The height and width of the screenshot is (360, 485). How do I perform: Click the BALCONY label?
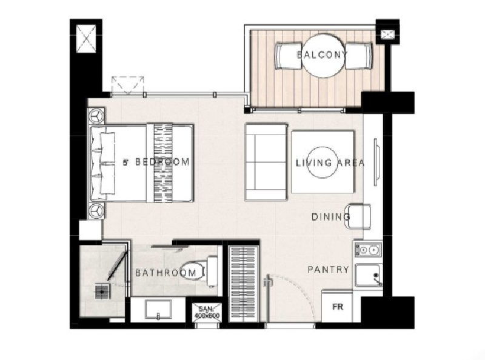(323, 55)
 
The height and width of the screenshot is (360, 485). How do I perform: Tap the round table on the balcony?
(323, 56)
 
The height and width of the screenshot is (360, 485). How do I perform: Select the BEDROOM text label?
(162, 162)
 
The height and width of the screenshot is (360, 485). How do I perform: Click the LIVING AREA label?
(330, 162)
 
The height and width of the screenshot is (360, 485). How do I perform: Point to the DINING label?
(330, 217)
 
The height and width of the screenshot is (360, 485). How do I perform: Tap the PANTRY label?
(328, 270)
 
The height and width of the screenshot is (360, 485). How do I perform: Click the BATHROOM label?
(166, 273)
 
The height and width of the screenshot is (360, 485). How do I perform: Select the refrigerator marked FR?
(337, 306)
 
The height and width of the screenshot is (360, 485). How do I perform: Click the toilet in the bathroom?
(199, 272)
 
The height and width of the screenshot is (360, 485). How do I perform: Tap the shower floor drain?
(102, 292)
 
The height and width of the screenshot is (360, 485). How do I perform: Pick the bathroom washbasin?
(158, 310)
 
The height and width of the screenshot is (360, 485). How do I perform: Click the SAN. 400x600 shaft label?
(207, 312)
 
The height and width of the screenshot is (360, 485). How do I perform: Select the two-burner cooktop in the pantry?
(368, 250)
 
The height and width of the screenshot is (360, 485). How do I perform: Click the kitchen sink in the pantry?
(369, 275)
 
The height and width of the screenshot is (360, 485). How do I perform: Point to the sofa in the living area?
(266, 162)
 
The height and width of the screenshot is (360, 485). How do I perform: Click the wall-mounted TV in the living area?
(376, 162)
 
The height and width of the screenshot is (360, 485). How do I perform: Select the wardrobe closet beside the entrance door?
(244, 284)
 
